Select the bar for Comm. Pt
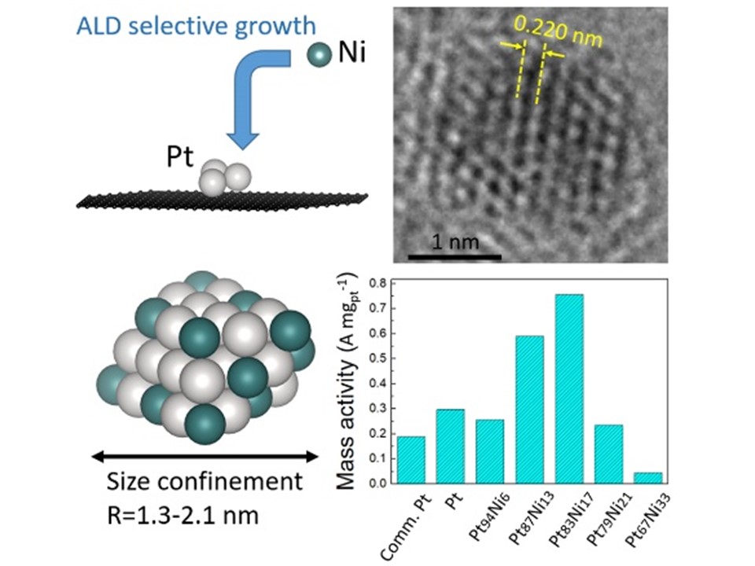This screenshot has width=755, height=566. coord(411,459)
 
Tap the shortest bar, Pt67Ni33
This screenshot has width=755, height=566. coord(648,477)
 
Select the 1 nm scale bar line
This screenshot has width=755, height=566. coord(455,256)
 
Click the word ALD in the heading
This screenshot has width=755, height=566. coord(96,27)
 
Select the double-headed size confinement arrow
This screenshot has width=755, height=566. coord(204,455)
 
